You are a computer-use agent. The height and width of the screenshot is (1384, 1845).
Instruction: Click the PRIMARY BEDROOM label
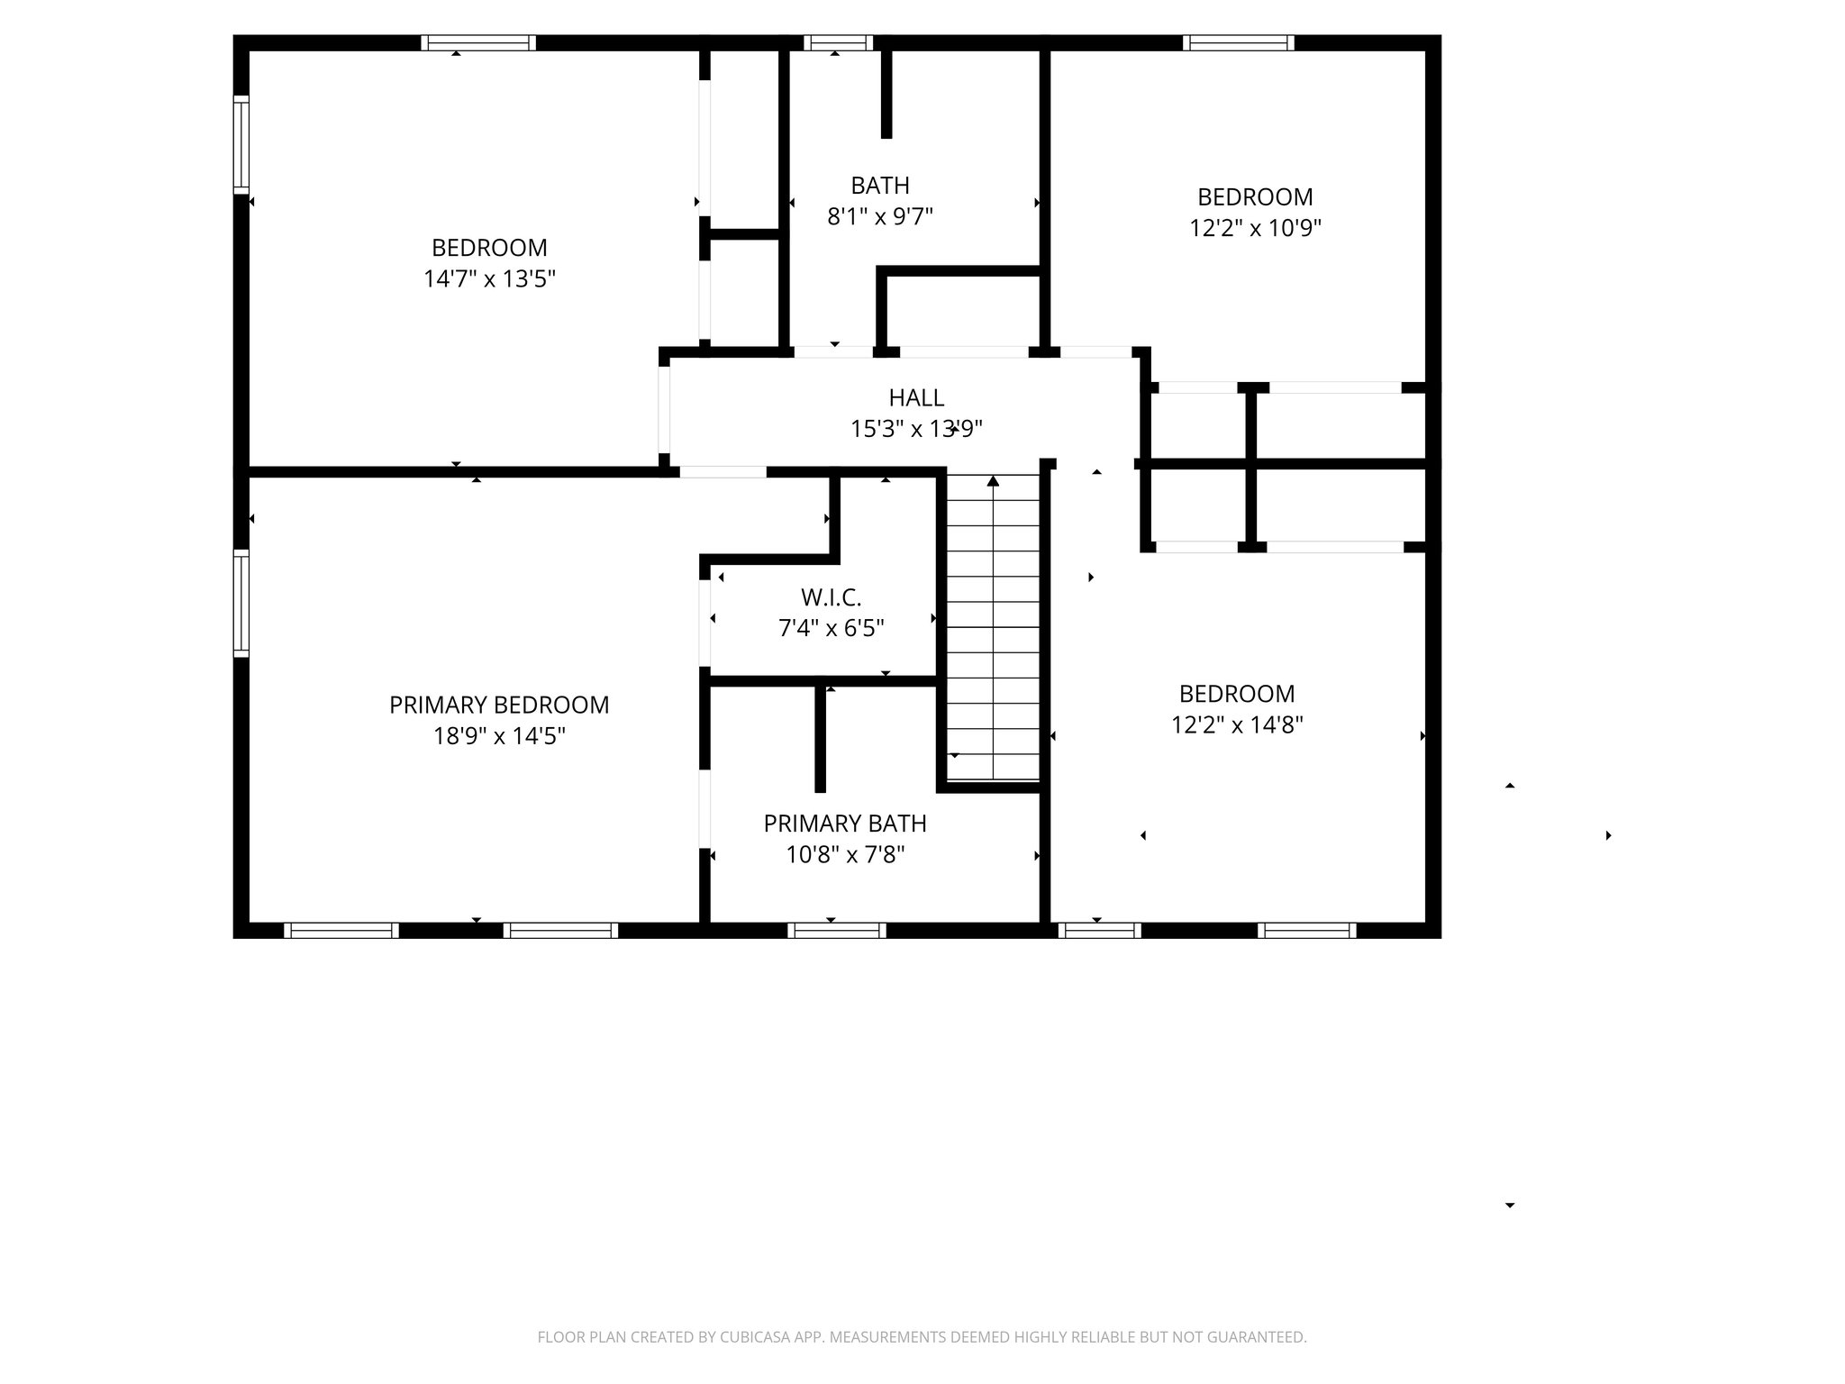(x=499, y=705)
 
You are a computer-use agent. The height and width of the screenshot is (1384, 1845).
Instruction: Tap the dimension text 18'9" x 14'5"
(x=499, y=736)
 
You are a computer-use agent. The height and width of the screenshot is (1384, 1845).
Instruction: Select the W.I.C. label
(x=831, y=596)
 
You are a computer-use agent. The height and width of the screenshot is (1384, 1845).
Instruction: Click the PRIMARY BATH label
(x=845, y=823)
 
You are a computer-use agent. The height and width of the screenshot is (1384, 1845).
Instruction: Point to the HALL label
(x=916, y=397)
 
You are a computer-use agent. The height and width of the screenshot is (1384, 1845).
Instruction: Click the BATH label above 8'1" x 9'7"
(x=880, y=186)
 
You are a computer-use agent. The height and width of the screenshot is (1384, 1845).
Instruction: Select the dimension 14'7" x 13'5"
(x=489, y=278)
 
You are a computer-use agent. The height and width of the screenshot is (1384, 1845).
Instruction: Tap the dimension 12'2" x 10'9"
(x=1255, y=228)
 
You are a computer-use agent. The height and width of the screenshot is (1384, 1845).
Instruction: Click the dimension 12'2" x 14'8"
(x=1237, y=724)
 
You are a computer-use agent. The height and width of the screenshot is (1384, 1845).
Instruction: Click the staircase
(x=993, y=631)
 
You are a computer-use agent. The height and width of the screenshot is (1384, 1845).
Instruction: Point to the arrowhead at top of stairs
(x=993, y=481)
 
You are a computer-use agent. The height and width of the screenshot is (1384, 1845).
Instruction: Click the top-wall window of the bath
(x=838, y=42)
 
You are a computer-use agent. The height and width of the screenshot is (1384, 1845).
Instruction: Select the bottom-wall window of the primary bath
(x=836, y=931)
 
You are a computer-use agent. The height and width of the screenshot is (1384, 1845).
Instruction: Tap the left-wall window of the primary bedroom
(x=241, y=602)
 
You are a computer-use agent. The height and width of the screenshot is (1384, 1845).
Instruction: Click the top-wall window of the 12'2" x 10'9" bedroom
(x=1238, y=42)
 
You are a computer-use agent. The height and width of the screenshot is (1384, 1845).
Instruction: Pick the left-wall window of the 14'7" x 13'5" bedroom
(x=241, y=144)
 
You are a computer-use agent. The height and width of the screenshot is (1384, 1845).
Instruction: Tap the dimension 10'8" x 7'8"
(x=845, y=854)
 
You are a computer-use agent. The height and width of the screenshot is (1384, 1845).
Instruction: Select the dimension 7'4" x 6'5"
(x=831, y=628)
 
